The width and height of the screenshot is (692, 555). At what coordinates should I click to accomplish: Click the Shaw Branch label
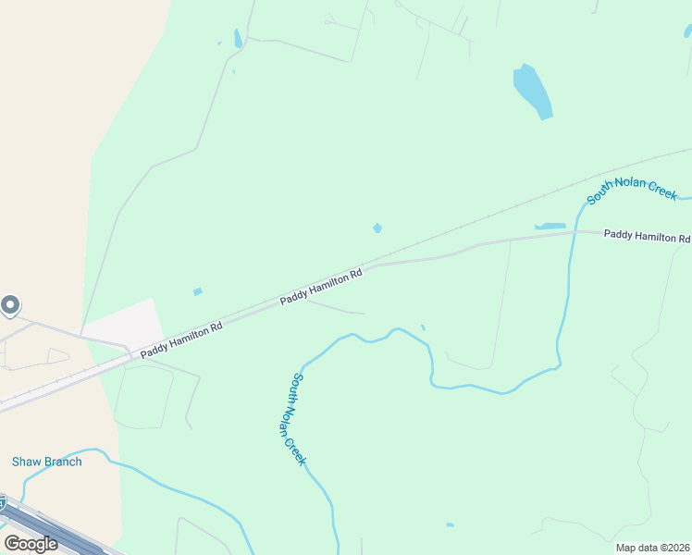(46, 462)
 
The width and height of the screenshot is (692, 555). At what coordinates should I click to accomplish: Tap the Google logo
(31, 544)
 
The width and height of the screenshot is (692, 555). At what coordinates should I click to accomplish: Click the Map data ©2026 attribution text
(653, 548)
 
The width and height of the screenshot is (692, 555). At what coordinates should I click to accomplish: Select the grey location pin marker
(10, 304)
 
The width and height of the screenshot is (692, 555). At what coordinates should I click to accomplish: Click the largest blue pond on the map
(533, 92)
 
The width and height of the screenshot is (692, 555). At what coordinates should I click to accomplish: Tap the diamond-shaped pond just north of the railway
(377, 228)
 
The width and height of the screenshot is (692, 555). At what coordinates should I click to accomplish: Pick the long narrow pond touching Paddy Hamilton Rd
(550, 226)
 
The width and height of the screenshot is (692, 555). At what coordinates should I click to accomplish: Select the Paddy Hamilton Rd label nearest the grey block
(181, 339)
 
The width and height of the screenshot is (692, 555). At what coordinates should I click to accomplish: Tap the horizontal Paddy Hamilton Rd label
(647, 236)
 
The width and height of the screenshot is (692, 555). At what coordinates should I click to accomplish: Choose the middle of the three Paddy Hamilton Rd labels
(322, 286)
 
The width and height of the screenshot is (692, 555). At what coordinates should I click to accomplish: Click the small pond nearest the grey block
(198, 292)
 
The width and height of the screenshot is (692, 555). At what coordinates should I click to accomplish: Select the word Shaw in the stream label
(25, 462)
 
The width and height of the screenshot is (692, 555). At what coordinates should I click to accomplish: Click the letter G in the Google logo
(12, 544)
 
